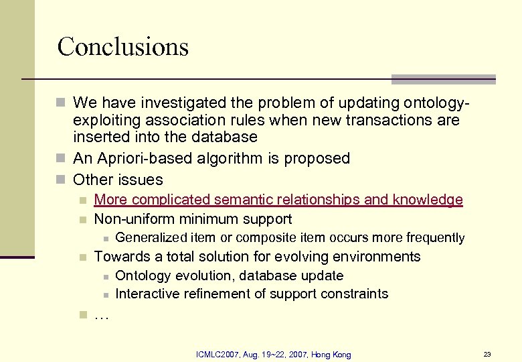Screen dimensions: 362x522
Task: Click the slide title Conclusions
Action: pos(123,47)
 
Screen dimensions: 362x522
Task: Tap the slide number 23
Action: pos(487,354)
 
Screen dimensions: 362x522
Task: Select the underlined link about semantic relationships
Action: pos(278,200)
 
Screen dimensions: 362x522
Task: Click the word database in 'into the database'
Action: pos(224,137)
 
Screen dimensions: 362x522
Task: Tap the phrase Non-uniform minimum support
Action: pos(193,219)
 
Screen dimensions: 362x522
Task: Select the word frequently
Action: pos(436,238)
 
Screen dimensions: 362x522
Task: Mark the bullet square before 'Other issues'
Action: pos(62,180)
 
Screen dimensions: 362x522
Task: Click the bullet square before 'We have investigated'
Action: pos(62,103)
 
